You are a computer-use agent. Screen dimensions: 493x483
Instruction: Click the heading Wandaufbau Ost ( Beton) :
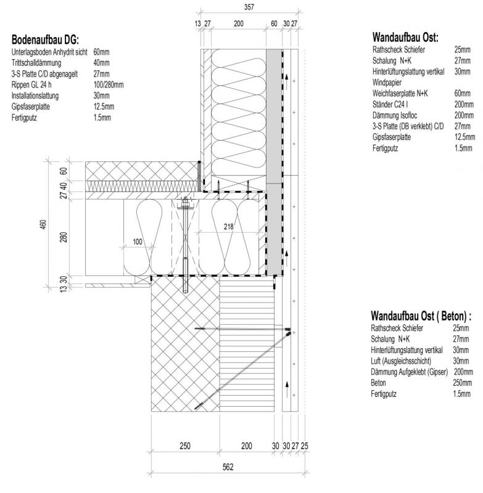tap(421, 316)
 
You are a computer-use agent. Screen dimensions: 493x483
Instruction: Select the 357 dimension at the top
tap(249, 7)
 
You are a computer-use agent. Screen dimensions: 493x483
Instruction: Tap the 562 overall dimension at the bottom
tap(228, 468)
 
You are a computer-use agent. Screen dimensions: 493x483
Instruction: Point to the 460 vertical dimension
tap(43, 224)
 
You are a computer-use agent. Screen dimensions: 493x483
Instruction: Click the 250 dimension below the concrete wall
tap(185, 445)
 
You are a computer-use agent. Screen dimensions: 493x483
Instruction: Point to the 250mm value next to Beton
tap(463, 382)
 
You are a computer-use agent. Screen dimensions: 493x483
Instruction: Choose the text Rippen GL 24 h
tap(34, 84)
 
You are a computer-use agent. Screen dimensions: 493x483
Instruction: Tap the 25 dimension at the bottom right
tap(304, 445)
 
